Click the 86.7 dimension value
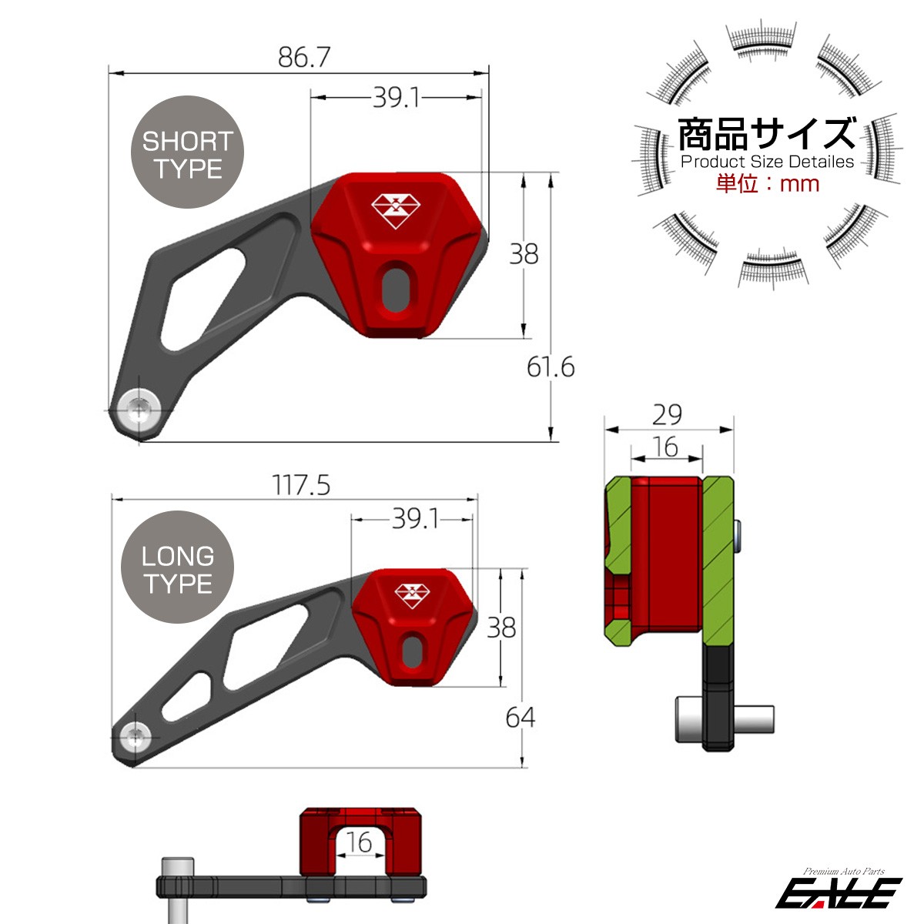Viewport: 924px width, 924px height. point(304,57)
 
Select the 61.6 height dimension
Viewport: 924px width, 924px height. point(551,368)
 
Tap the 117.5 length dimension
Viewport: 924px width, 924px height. point(301,485)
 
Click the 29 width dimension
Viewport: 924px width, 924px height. point(667,415)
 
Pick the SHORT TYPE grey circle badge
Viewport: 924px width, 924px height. point(187,152)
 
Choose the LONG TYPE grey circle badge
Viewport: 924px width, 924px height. point(177,567)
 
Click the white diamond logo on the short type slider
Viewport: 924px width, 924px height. point(396,212)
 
